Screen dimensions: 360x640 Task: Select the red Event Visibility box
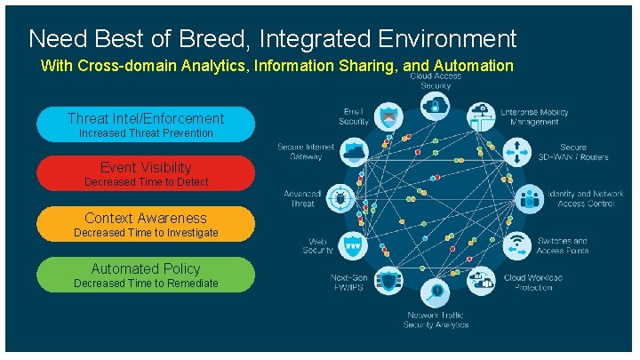tap(146, 173)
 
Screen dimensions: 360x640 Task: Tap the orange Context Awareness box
tap(146, 224)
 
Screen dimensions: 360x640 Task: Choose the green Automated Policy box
tap(146, 275)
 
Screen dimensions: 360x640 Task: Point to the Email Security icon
tap(388, 116)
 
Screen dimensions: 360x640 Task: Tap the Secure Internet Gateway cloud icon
tap(355, 150)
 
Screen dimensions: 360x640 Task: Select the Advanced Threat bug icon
tap(341, 196)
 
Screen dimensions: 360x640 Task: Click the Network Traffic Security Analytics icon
tap(436, 291)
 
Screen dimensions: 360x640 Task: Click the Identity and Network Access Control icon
tap(530, 197)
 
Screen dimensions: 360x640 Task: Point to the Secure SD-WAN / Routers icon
tap(517, 150)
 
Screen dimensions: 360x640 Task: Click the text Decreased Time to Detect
tap(146, 182)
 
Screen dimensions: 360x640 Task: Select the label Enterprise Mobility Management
tap(535, 116)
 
